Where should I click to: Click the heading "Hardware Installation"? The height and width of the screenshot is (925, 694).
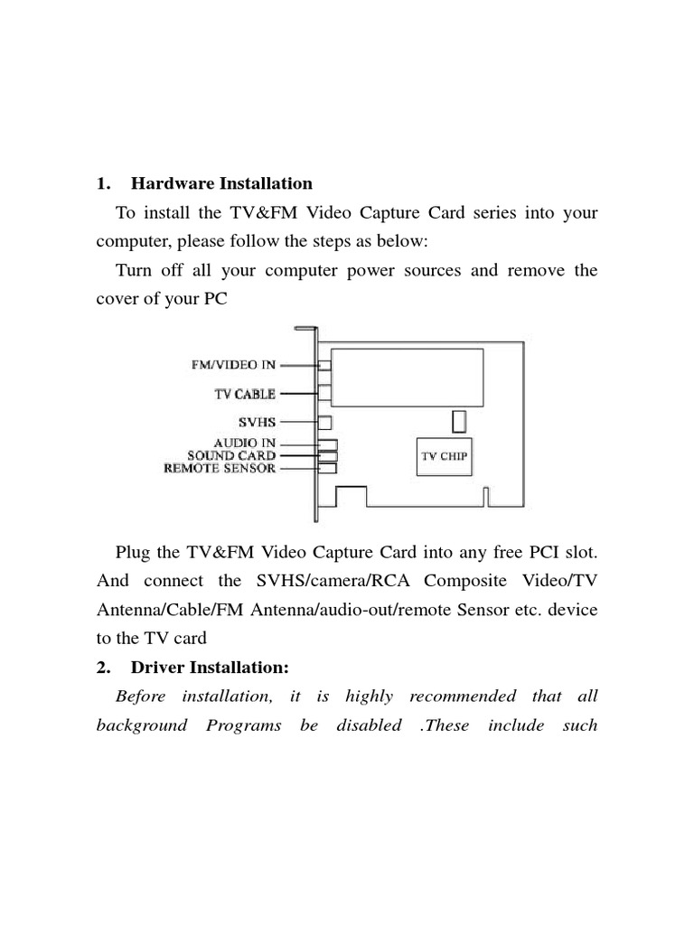pos(221,184)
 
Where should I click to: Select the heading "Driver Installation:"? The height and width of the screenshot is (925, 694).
pos(209,668)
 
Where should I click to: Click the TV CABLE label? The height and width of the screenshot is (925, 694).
pos(246,394)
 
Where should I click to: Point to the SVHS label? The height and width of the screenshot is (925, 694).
pos(258,422)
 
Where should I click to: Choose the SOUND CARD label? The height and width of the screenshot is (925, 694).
pos(231,456)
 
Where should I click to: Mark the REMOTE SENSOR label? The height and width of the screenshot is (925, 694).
pos(220,469)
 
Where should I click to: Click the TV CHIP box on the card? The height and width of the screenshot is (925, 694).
pos(443,457)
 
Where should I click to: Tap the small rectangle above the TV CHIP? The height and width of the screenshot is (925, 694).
pos(459,421)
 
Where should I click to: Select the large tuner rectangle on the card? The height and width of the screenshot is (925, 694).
pos(406,375)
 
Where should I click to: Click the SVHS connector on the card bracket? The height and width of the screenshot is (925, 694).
pos(325,422)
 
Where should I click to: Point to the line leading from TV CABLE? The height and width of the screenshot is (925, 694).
pos(297,394)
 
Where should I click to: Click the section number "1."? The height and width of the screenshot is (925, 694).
pos(103,184)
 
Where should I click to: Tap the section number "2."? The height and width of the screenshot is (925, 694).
pos(103,668)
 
